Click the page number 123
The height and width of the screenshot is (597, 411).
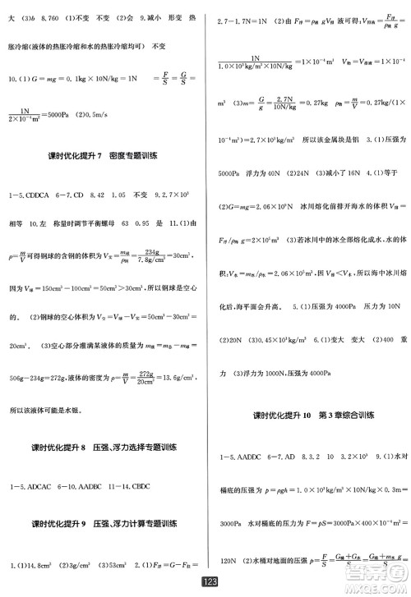[206, 582]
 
